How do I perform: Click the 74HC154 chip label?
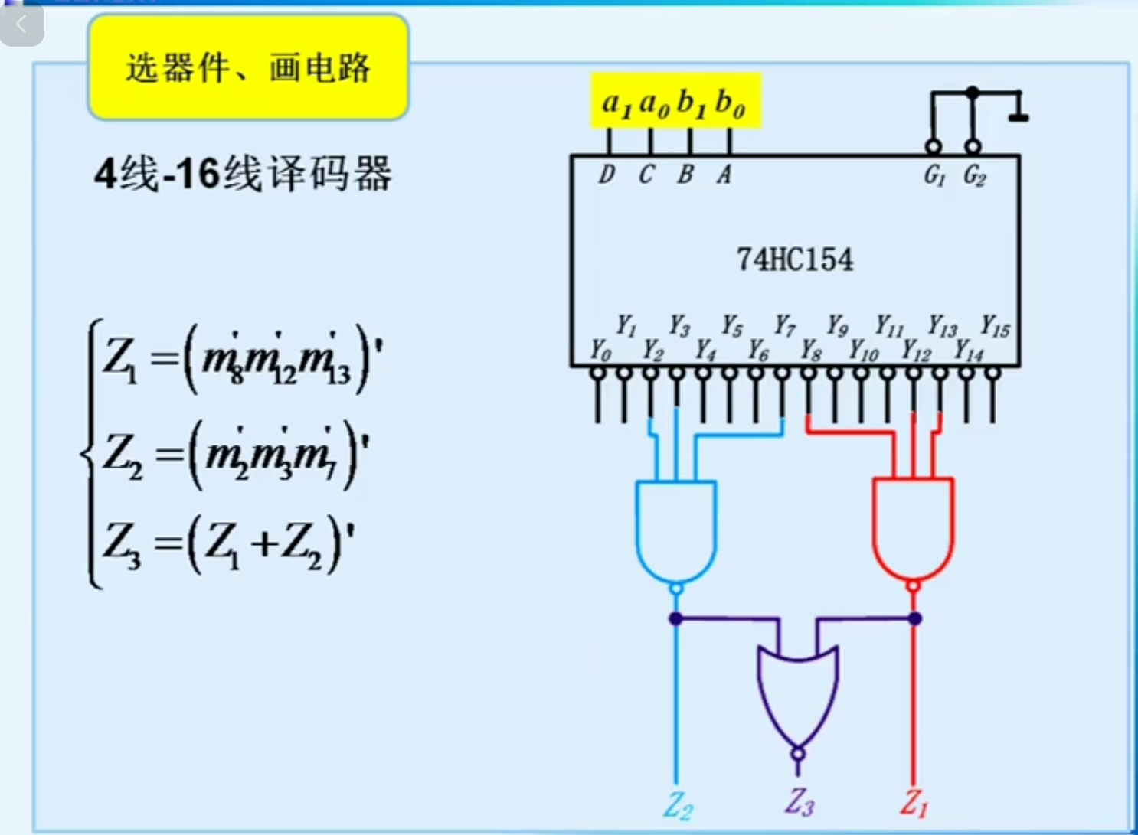794,260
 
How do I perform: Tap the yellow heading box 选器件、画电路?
248,67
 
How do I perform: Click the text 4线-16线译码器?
243,174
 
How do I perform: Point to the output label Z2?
678,806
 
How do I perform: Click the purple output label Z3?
799,802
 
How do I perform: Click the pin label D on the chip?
607,175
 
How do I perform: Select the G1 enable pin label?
934,176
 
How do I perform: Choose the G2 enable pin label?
974,176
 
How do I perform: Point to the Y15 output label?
995,327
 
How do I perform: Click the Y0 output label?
600,351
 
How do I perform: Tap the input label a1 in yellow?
616,103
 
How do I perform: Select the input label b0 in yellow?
729,103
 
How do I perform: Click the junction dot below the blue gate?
675,618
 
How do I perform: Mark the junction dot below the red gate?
914,618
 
